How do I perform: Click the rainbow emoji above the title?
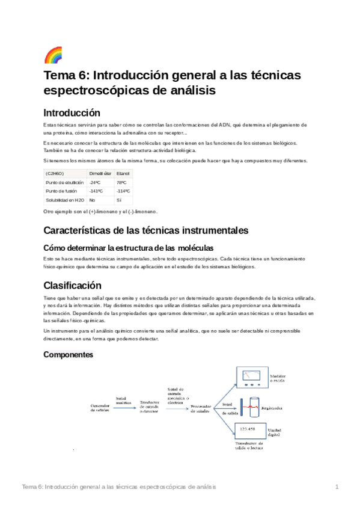click(x=53, y=55)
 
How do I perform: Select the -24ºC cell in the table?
click(x=94, y=182)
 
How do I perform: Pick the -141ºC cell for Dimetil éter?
click(x=96, y=191)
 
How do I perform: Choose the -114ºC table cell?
click(x=123, y=191)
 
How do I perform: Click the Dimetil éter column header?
click(x=100, y=173)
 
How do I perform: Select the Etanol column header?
click(x=123, y=173)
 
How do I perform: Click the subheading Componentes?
click(x=69, y=355)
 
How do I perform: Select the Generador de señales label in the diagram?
click(x=100, y=408)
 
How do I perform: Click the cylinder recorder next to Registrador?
click(x=248, y=406)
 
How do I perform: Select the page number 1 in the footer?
click(x=337, y=487)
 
